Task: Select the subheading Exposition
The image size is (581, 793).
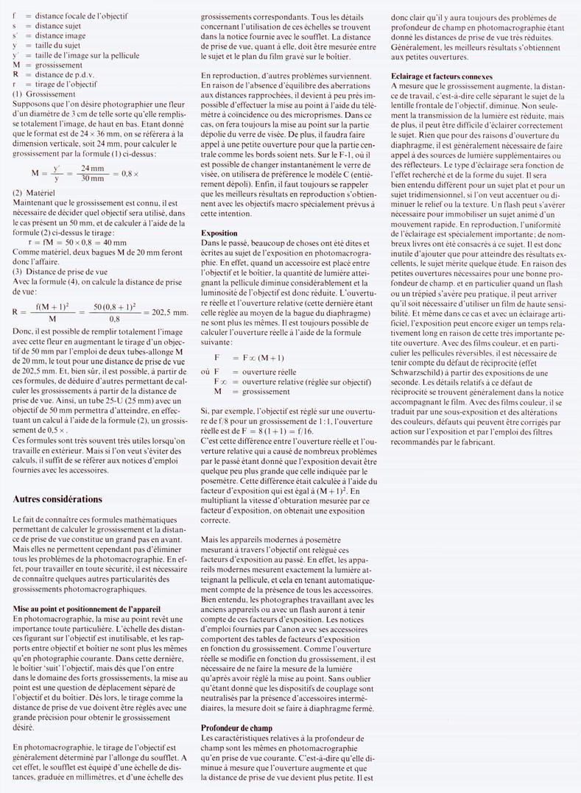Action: [x=219, y=232]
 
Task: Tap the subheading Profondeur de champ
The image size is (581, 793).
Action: [x=236, y=728]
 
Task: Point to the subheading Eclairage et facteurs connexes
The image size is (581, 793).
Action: [x=442, y=76]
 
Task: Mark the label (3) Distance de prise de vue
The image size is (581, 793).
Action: [x=62, y=269]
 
